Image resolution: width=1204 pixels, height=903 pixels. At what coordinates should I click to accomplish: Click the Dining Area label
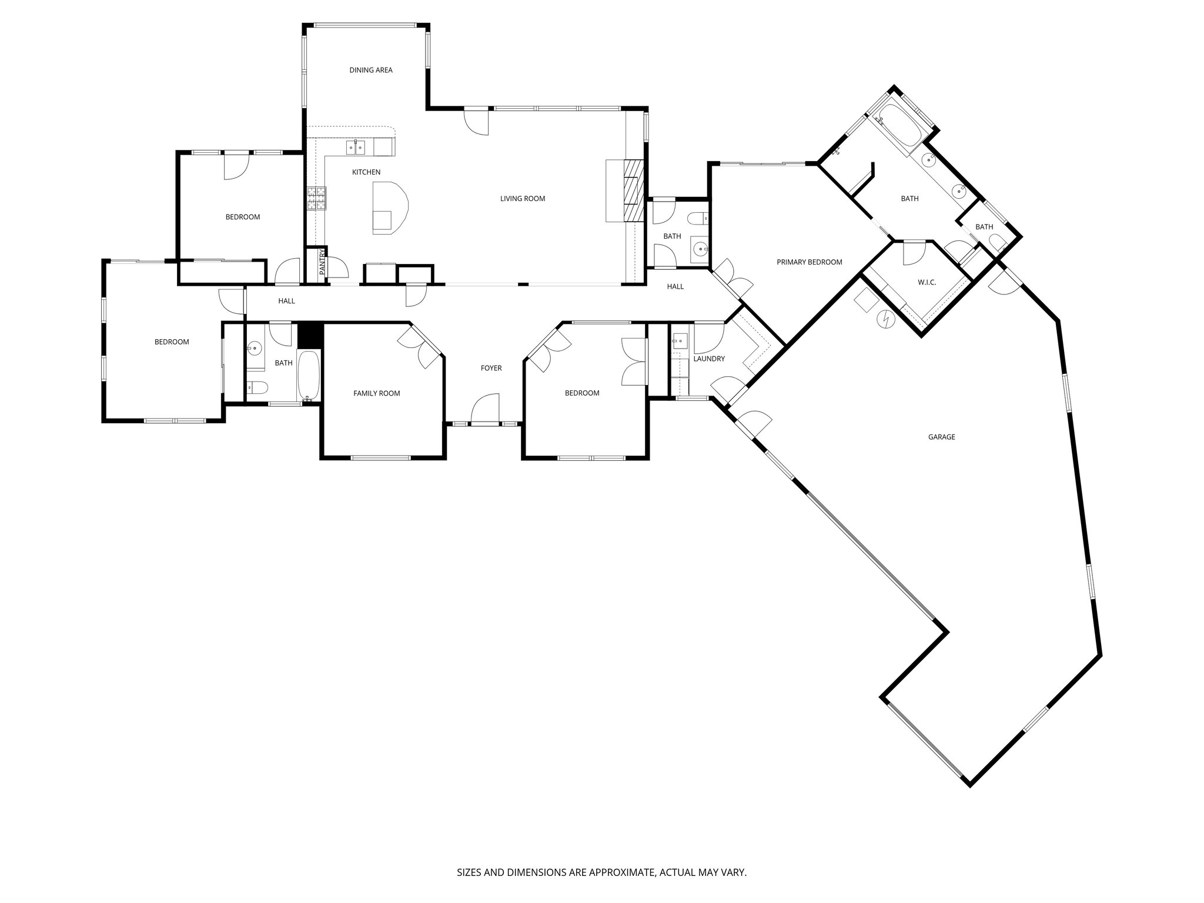[x=370, y=71]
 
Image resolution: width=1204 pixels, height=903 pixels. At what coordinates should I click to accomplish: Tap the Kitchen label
[x=366, y=172]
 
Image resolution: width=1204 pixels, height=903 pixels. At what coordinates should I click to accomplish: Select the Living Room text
[x=523, y=199]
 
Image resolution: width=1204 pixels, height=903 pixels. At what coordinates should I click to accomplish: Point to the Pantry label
[x=322, y=262]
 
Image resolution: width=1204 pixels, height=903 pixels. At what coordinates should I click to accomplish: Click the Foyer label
[x=491, y=369]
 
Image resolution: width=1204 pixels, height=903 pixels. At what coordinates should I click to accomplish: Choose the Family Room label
[x=376, y=393]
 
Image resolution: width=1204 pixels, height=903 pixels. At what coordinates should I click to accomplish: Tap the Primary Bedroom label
[x=809, y=262]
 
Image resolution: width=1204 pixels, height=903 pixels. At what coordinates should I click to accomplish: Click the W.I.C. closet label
[x=927, y=283]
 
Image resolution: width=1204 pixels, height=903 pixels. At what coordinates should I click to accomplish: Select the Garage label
[x=941, y=437]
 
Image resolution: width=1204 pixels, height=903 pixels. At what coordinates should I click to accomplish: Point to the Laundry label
[x=709, y=359]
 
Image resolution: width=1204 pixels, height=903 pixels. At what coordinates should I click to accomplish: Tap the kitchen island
[x=389, y=208]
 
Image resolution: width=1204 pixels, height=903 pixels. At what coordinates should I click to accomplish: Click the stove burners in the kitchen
[x=316, y=198]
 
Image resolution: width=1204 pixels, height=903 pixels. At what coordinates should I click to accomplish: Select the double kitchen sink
[x=356, y=147]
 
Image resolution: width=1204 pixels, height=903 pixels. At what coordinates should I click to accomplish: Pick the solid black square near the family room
[x=310, y=335]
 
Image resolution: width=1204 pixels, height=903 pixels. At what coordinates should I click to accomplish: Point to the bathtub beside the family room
[x=309, y=375]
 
